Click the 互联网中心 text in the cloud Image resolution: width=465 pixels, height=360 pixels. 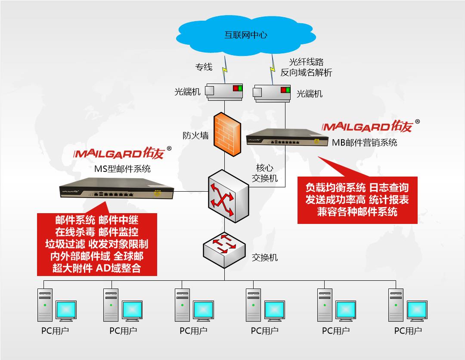[x=245, y=35]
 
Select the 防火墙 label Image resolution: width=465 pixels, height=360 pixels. [x=195, y=136]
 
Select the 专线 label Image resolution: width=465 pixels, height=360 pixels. [x=204, y=67]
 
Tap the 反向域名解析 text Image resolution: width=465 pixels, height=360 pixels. [x=306, y=73]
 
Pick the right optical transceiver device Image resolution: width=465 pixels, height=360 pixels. [x=272, y=92]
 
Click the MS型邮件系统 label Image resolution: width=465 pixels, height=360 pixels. [x=122, y=169]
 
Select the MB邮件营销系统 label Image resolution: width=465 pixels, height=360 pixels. [x=364, y=143]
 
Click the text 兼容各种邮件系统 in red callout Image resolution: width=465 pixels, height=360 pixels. [x=357, y=212]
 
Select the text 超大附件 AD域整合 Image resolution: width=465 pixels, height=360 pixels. [x=96, y=268]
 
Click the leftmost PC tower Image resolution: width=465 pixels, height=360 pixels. [x=45, y=304]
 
